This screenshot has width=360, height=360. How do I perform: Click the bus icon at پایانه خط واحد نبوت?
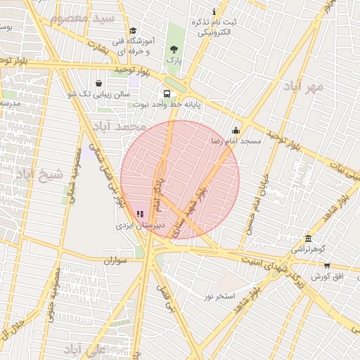(x=167, y=94)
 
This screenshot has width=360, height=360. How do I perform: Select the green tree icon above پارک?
(x=174, y=49)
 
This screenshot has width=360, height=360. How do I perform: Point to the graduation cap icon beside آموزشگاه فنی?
(x=133, y=30)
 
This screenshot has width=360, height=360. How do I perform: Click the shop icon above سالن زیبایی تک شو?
(x=98, y=83)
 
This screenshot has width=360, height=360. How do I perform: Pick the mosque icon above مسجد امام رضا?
(x=236, y=130)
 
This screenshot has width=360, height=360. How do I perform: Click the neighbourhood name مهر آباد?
(x=304, y=86)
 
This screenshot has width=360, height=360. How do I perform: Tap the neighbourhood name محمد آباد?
(x=118, y=127)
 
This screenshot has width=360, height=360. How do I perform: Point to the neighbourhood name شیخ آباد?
(x=39, y=174)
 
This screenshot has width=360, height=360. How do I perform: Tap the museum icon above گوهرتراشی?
(x=308, y=238)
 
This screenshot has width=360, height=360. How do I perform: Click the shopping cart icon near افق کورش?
(x=327, y=265)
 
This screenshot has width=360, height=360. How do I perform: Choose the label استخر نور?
(x=219, y=296)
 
